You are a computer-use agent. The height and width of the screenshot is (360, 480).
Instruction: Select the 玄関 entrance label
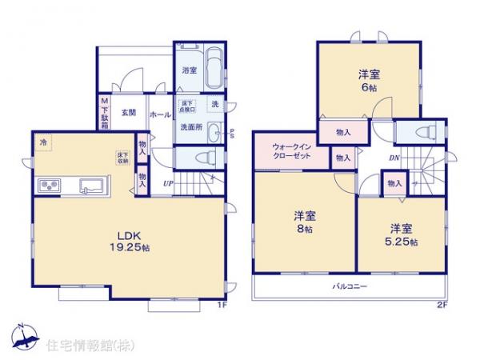pos(128,113)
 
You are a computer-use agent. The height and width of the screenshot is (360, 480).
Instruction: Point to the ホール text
pos(159,114)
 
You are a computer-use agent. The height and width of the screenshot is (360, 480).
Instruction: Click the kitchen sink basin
pos(90,186)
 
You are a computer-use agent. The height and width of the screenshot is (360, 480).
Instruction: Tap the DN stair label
pos(394,158)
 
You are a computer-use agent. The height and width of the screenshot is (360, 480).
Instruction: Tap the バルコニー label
pos(350,286)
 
